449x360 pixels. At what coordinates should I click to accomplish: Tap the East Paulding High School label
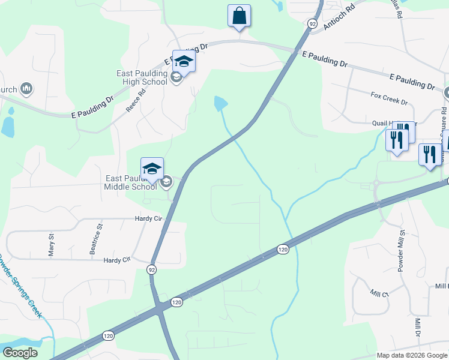pyautogui.click(x=142, y=77)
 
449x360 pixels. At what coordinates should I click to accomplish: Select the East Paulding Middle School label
pyautogui.click(x=131, y=182)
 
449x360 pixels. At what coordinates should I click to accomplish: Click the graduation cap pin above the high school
pyautogui.click(x=184, y=62)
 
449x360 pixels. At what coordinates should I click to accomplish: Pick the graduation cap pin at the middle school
pyautogui.click(x=152, y=169)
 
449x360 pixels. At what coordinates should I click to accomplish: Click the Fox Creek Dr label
pyautogui.click(x=389, y=98)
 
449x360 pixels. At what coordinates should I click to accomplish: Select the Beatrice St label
pyautogui.click(x=94, y=239)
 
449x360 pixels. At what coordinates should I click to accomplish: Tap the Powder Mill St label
pyautogui.click(x=401, y=249)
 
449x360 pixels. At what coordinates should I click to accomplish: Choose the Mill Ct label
pyautogui.click(x=379, y=294)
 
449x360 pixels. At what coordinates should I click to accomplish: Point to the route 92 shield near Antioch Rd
pyautogui.click(x=312, y=23)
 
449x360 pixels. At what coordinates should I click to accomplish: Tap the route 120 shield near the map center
pyautogui.click(x=283, y=249)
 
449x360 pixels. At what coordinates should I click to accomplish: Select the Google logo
pyautogui.click(x=20, y=353)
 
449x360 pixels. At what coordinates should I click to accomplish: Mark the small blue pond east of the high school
pyautogui.click(x=221, y=104)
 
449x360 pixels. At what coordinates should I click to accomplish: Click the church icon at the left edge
pyautogui.click(x=26, y=89)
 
